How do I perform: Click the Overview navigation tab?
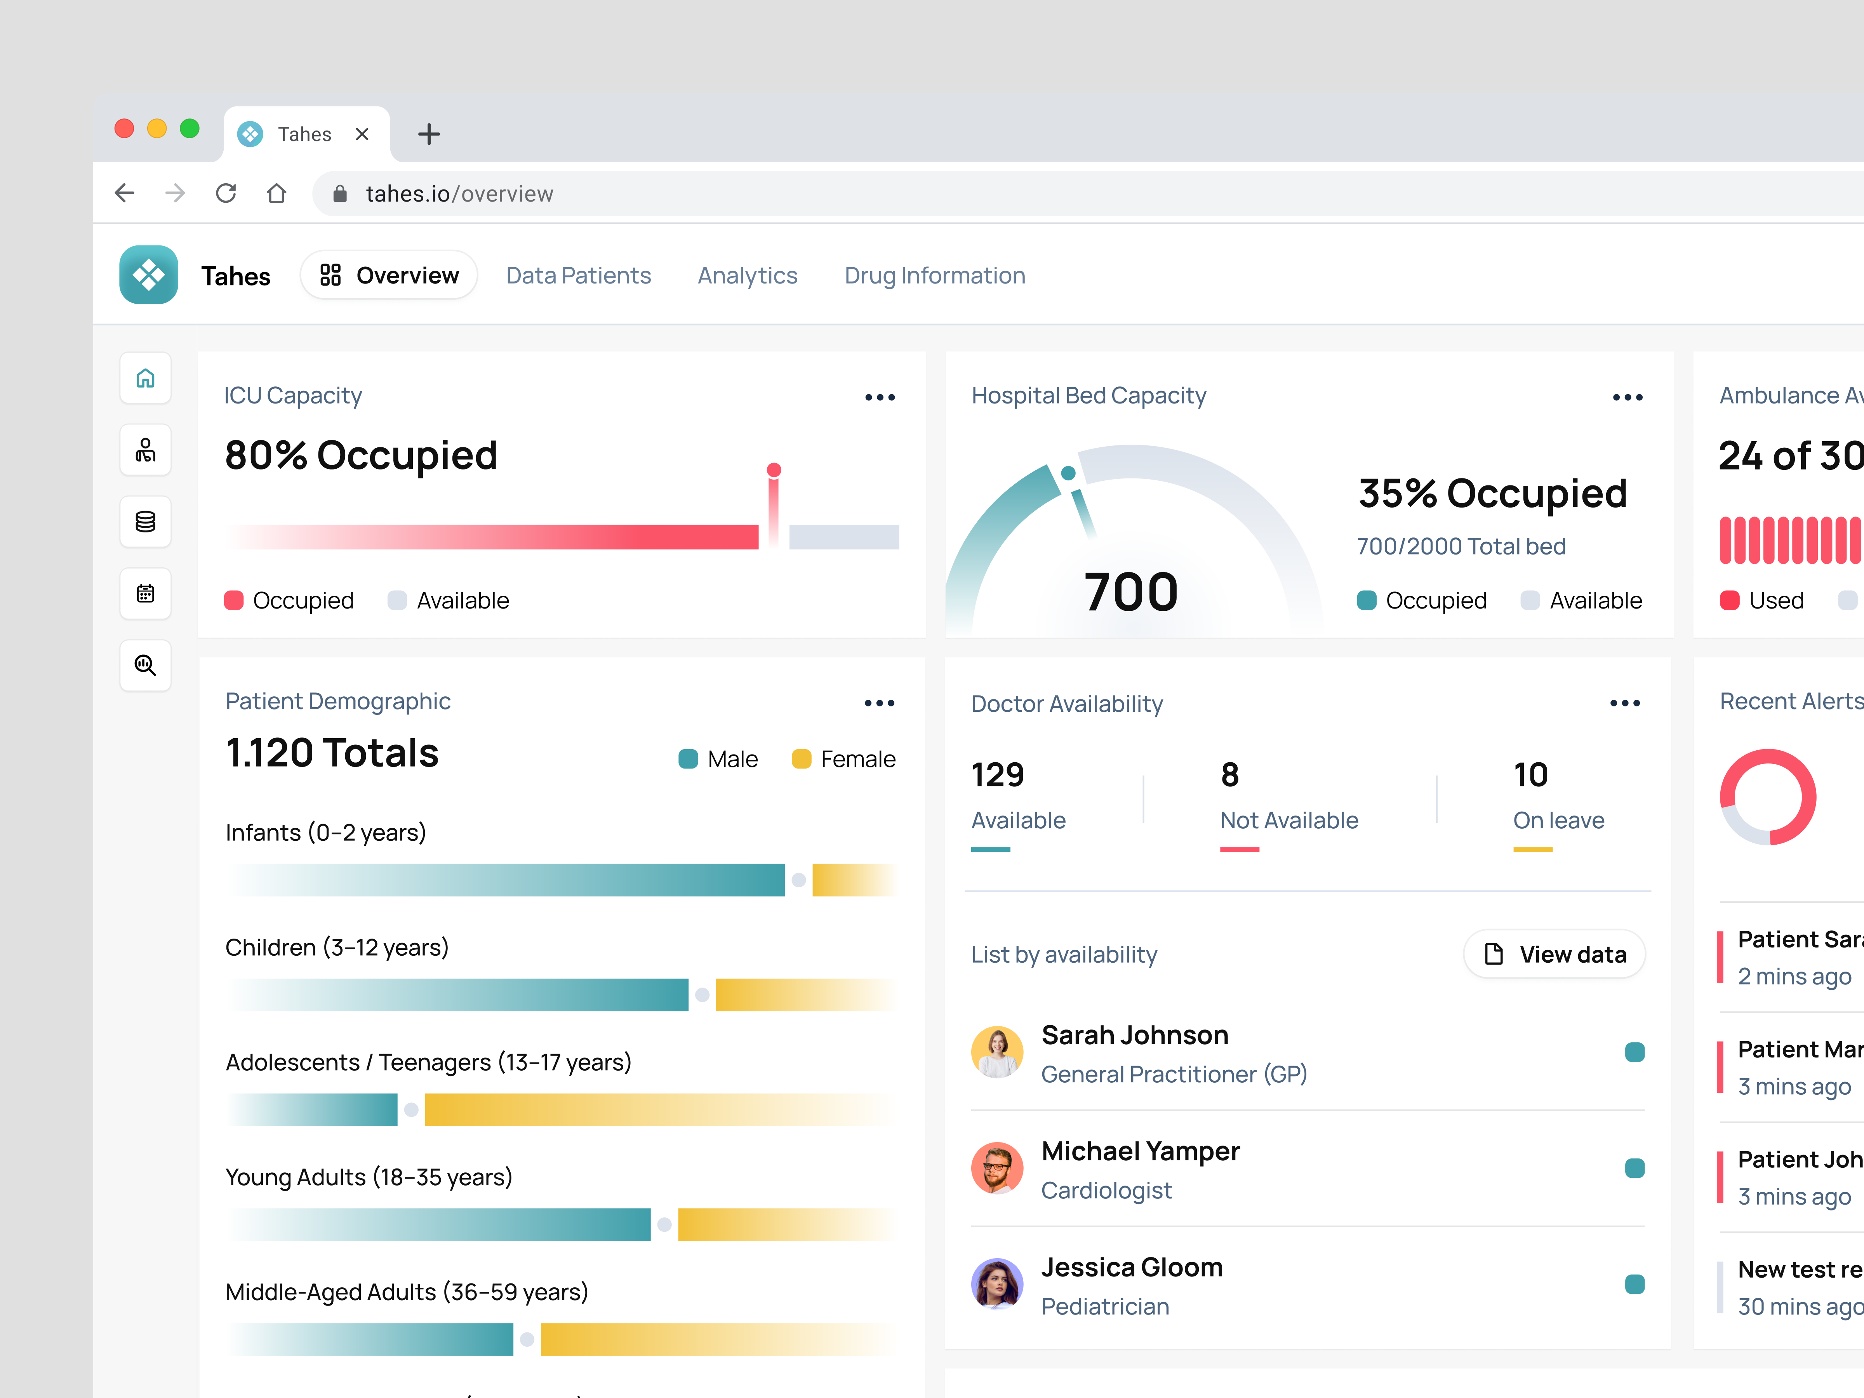tap(389, 276)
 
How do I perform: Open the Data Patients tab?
tap(578, 276)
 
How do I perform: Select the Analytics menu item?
tap(747, 276)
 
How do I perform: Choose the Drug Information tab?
tap(935, 276)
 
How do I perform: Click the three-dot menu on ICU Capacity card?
tap(880, 397)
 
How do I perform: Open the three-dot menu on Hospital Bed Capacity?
tap(1627, 397)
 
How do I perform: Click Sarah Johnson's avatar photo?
tap(997, 1052)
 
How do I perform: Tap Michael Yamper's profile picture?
tap(997, 1168)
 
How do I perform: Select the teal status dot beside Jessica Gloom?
tap(1634, 1284)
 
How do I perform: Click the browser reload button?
tap(226, 193)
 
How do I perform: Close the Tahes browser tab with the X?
tap(362, 134)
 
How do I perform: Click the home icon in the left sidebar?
tap(146, 378)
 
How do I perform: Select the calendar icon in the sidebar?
tap(146, 593)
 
